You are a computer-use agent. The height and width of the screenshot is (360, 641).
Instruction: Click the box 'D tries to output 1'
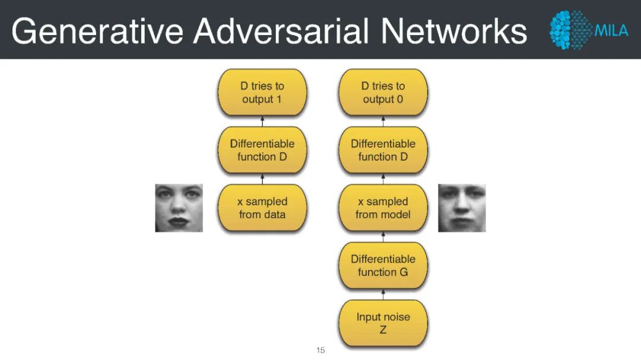pyautogui.click(x=262, y=93)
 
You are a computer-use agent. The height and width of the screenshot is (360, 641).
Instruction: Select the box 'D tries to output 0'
pyautogui.click(x=383, y=93)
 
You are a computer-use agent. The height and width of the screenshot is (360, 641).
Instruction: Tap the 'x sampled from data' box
pyautogui.click(x=262, y=208)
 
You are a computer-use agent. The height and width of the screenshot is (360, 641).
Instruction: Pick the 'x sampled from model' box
pyautogui.click(x=383, y=208)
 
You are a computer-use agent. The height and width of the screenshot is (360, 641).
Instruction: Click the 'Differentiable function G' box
pyautogui.click(x=383, y=265)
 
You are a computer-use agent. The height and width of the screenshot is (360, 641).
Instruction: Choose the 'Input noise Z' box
pyautogui.click(x=383, y=323)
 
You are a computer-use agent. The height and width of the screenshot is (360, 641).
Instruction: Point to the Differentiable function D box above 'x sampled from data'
pyautogui.click(x=262, y=150)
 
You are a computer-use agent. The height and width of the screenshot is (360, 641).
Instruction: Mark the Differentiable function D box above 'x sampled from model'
pyautogui.click(x=383, y=150)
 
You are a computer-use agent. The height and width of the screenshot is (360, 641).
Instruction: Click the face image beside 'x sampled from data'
pyautogui.click(x=179, y=208)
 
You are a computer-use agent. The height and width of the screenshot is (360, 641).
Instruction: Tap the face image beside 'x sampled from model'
pyautogui.click(x=462, y=208)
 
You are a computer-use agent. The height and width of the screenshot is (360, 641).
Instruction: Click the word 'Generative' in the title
pyautogui.click(x=97, y=30)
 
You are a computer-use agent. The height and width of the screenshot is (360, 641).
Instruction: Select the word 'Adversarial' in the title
pyautogui.click(x=281, y=30)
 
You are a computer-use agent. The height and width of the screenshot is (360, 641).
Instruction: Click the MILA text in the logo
pyautogui.click(x=611, y=30)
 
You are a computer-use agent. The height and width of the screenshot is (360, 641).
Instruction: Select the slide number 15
pyautogui.click(x=320, y=351)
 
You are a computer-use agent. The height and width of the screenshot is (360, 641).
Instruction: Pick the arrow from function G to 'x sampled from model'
pyautogui.click(x=383, y=237)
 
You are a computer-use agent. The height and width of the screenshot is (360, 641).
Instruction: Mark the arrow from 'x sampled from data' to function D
pyautogui.click(x=262, y=179)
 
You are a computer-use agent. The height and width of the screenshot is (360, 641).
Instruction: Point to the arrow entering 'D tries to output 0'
pyautogui.click(x=383, y=121)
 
